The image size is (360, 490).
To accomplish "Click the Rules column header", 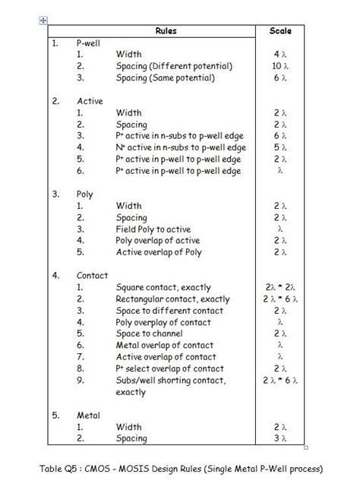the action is pyautogui.click(x=166, y=31).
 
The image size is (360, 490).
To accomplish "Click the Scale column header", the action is pyautogui.click(x=280, y=31).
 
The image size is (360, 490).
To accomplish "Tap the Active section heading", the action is pyautogui.click(x=90, y=100).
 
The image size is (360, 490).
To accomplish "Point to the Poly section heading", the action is pyautogui.click(x=85, y=194).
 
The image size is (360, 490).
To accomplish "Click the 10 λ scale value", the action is pyautogui.click(x=280, y=66).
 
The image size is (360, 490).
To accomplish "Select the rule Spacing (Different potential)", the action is pyautogui.click(x=174, y=66).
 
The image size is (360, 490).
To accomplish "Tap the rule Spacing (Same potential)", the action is pyautogui.click(x=166, y=77).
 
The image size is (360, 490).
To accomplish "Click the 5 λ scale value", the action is pyautogui.click(x=280, y=147).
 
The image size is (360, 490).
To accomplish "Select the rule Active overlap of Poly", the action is pyautogui.click(x=159, y=252).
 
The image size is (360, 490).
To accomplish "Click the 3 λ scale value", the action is pyautogui.click(x=280, y=439).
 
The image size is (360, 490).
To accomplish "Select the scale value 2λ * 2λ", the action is pyautogui.click(x=280, y=287).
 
